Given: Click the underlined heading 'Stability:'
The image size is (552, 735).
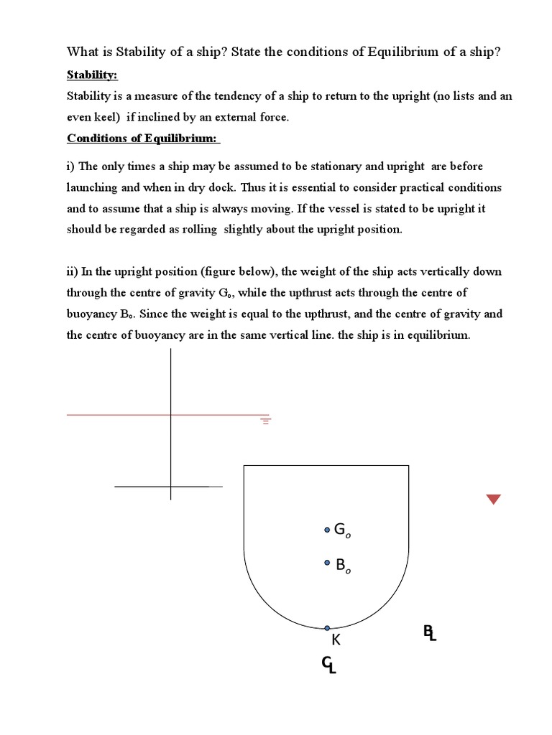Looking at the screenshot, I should click(92, 75).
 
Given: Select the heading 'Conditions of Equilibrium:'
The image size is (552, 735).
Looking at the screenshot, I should click(143, 139).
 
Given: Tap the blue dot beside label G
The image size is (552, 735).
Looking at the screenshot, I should click(327, 530).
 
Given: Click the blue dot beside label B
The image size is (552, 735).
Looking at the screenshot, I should click(327, 564).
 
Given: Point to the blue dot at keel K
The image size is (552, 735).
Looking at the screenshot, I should click(327, 628).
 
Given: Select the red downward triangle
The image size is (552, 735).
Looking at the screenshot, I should click(493, 500).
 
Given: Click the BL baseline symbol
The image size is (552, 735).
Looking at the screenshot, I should click(429, 633).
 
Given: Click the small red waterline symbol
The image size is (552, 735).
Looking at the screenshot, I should click(265, 421).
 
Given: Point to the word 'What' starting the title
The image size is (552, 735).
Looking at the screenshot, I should click(81, 52).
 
